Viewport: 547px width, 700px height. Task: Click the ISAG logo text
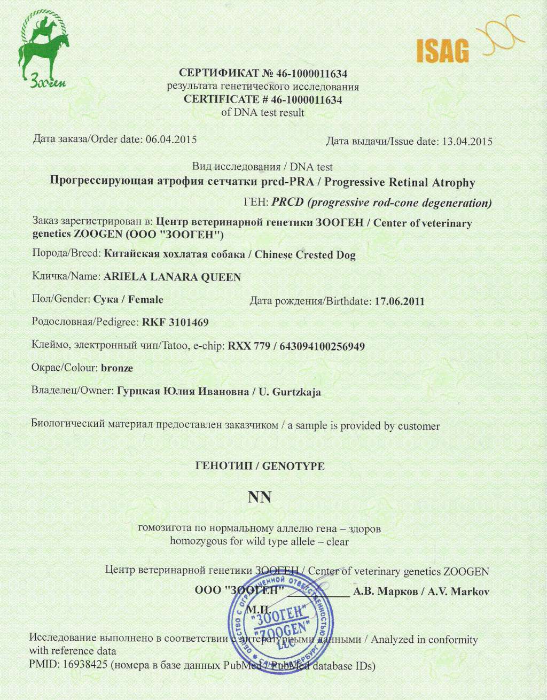click(442, 51)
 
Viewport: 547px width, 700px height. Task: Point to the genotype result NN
click(260, 497)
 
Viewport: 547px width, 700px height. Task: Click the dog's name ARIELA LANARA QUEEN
click(172, 277)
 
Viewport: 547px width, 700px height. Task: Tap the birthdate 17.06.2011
click(400, 301)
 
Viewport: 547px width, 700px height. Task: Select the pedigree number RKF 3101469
click(175, 323)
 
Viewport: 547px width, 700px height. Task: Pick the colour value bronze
click(117, 368)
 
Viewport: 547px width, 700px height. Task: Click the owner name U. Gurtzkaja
click(290, 392)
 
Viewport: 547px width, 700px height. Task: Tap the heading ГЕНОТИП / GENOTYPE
click(260, 466)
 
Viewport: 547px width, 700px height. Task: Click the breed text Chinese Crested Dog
click(305, 255)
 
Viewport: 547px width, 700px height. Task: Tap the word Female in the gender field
click(146, 300)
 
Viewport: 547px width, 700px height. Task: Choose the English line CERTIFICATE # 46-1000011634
click(263, 99)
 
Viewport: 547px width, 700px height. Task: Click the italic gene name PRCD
click(288, 203)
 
